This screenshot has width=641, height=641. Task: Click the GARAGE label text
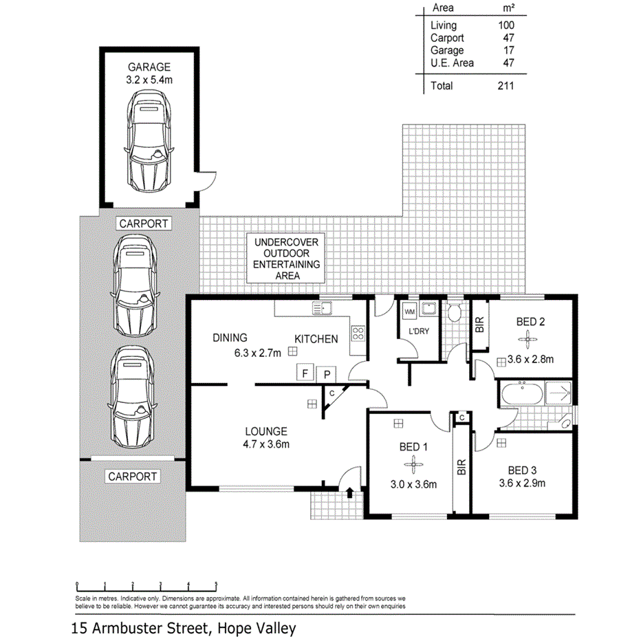click(149, 67)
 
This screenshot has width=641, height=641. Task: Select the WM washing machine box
click(410, 312)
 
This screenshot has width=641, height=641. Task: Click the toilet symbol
click(453, 313)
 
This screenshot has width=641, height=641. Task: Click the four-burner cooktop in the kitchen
click(358, 334)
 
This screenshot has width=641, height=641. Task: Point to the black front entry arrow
click(351, 492)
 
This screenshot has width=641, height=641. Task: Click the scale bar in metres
click(146, 585)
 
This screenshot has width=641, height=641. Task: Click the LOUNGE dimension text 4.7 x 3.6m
click(266, 444)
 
